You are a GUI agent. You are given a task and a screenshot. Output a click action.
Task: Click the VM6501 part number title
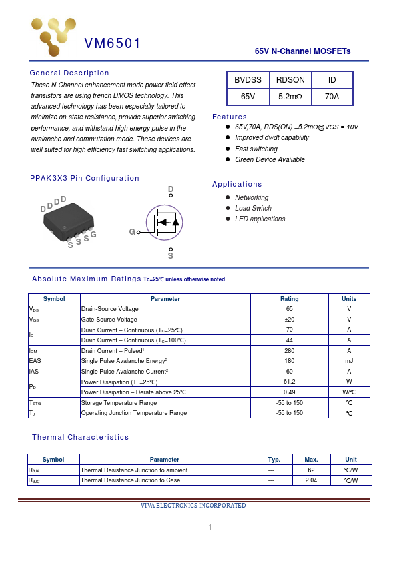[x=112, y=44]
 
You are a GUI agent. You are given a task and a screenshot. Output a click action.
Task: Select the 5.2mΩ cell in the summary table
[x=290, y=97]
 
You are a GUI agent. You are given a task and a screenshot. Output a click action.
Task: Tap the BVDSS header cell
[x=248, y=80]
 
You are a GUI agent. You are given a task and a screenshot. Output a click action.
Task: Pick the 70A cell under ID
[x=332, y=97]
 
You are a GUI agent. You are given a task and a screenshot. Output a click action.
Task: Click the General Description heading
[x=69, y=73]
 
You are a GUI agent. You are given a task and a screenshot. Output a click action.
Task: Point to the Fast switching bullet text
[x=256, y=149]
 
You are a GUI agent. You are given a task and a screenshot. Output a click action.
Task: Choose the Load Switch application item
[x=253, y=208]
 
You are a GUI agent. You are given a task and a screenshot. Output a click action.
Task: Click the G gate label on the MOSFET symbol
[x=132, y=232]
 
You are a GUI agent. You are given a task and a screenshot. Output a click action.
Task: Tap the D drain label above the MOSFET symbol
[x=171, y=190]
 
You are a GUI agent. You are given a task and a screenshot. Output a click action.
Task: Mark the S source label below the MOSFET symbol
[x=171, y=255]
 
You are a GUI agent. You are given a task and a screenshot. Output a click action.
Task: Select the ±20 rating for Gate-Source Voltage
[x=290, y=320]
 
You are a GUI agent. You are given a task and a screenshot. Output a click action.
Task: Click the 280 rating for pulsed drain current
[x=290, y=350]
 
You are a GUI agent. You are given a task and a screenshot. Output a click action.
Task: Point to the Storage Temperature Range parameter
[x=119, y=403]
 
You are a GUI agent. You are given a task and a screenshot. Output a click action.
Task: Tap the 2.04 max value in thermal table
[x=311, y=480]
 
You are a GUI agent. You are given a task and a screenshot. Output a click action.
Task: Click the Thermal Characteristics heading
[x=80, y=437]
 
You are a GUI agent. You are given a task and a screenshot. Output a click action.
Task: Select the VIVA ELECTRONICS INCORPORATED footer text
[x=193, y=506]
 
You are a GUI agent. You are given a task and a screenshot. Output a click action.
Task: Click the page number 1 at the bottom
[x=210, y=528]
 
